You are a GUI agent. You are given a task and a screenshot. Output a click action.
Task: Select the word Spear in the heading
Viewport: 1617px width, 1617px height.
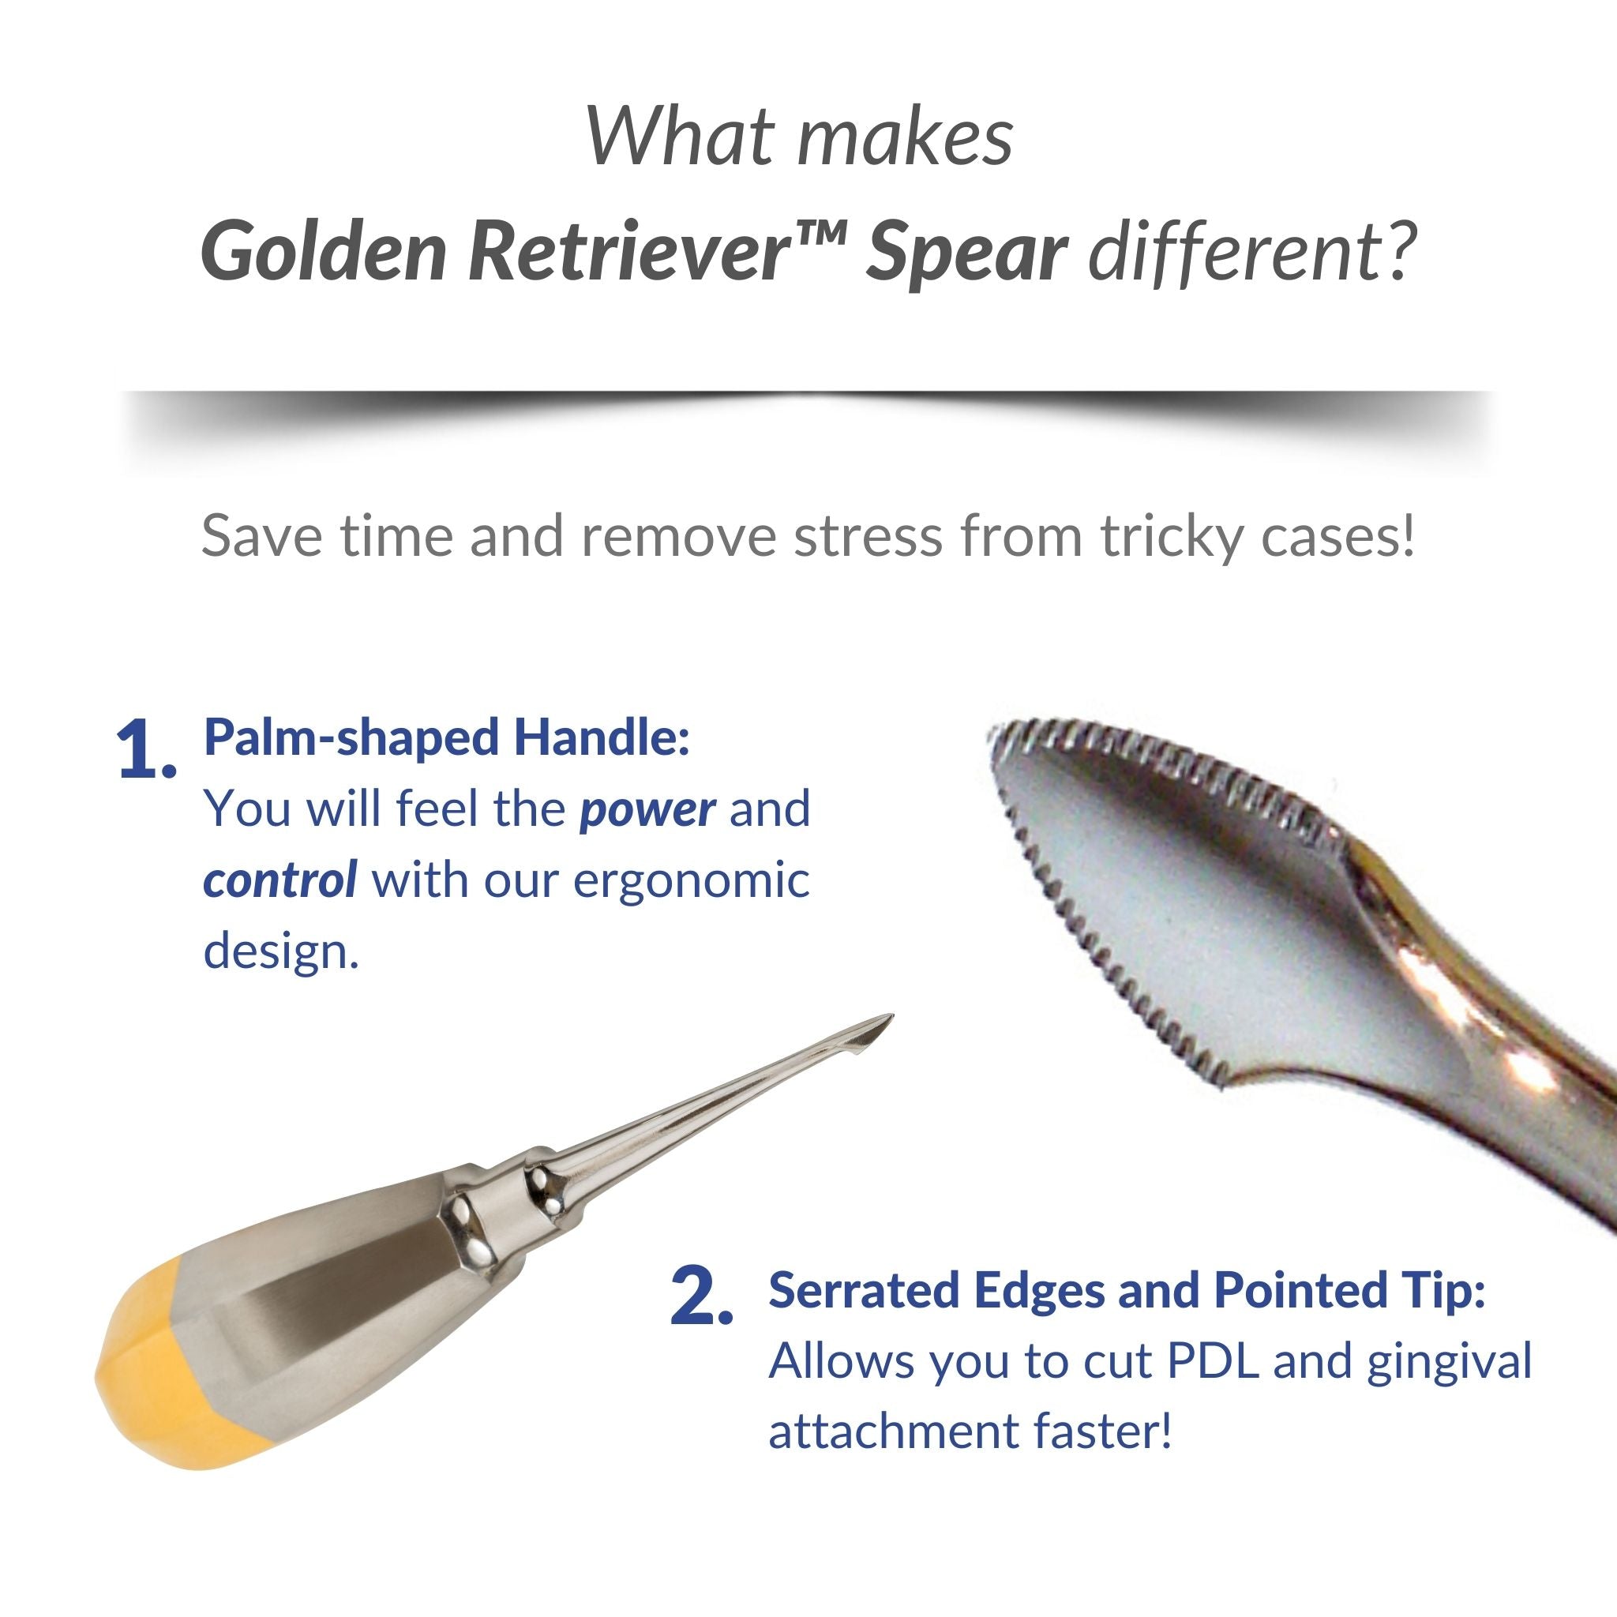pyautogui.click(x=966, y=257)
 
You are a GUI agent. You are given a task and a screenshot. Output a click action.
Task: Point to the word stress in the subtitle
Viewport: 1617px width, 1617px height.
pyautogui.click(x=868, y=536)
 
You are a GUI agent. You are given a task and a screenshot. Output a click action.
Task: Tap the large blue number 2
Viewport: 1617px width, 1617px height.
pyautogui.click(x=700, y=1296)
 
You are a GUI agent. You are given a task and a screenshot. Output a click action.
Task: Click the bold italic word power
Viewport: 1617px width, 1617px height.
pyautogui.click(x=647, y=810)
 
